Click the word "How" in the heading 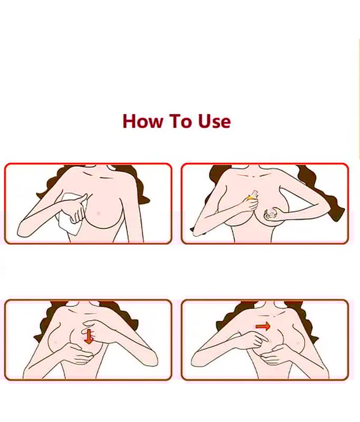[x=143, y=121]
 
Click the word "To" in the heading [x=180, y=121]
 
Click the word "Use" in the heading [x=215, y=121]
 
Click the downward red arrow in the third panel [x=89, y=337]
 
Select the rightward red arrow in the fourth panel [x=262, y=327]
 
